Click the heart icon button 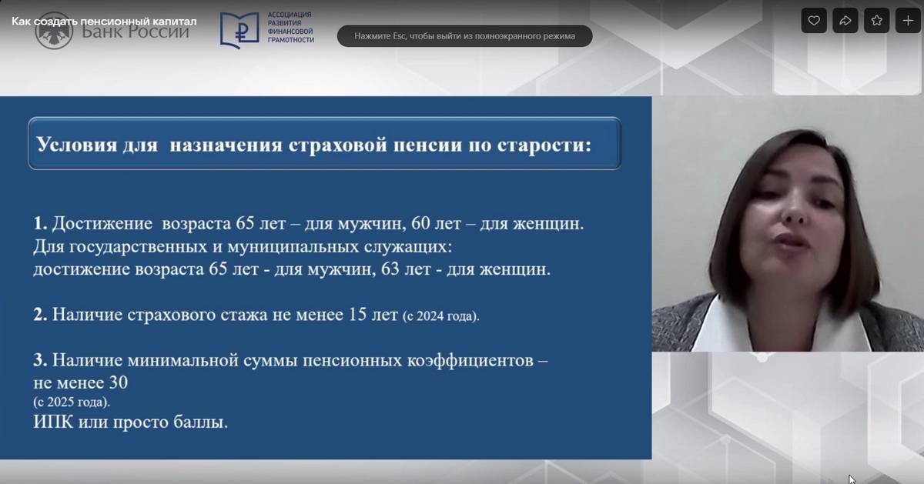814,21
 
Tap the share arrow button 845,21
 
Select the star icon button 876,21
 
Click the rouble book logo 239,30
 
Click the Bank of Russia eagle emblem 54,31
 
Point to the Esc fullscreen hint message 464,36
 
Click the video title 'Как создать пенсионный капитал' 104,21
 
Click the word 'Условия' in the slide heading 77,145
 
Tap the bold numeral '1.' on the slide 40,223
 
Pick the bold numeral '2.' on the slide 40,314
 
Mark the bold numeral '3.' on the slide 40,360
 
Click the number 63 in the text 390,269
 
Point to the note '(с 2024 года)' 441,315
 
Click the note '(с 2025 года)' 72,402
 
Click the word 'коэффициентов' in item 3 470,360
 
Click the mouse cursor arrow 852,479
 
